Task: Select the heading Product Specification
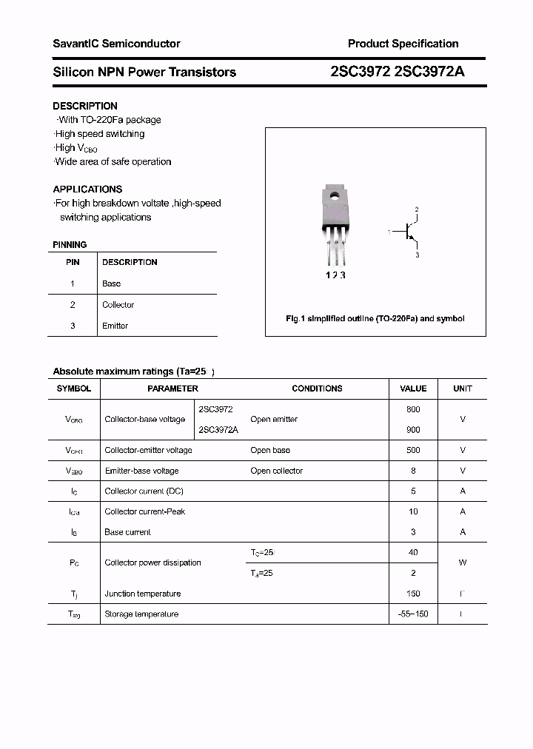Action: [x=403, y=44]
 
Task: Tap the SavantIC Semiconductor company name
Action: [x=116, y=44]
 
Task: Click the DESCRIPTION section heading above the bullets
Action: [x=85, y=106]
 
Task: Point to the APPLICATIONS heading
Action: [x=87, y=189]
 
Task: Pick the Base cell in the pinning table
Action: [x=111, y=283]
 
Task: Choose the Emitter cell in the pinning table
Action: [x=115, y=326]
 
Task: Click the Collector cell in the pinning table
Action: [x=118, y=305]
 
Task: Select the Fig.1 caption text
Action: [x=375, y=318]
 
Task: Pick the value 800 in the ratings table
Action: [x=413, y=409]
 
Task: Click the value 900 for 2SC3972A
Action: [x=413, y=430]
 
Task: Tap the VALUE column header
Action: [x=413, y=389]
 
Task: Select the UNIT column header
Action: [x=463, y=389]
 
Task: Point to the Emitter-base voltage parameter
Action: [x=141, y=471]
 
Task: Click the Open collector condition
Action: [x=276, y=471]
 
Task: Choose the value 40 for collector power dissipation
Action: [x=413, y=552]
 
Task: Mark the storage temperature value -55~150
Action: [x=413, y=614]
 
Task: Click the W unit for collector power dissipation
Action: [x=463, y=562]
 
